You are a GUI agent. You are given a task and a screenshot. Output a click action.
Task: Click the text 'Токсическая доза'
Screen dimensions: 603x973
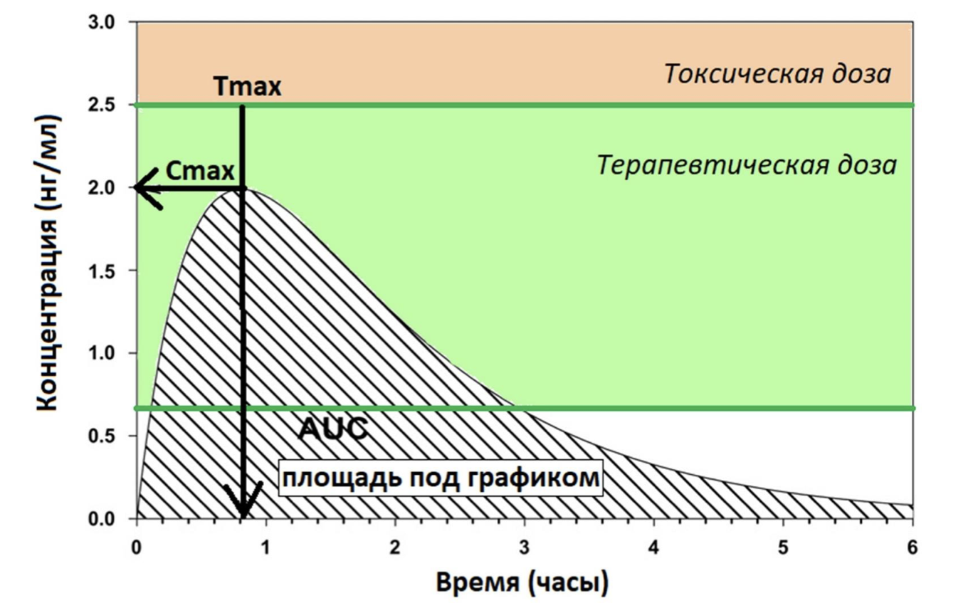tap(777, 74)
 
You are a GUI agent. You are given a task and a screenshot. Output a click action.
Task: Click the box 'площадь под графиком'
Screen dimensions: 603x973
tap(440, 477)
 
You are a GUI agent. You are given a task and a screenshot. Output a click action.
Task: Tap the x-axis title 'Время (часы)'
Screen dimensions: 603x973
tap(522, 582)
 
